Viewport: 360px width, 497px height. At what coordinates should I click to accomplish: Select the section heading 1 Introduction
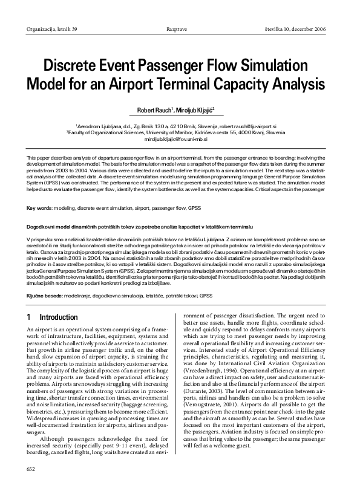[51, 317]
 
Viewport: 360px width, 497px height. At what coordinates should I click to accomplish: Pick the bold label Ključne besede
[47, 296]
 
